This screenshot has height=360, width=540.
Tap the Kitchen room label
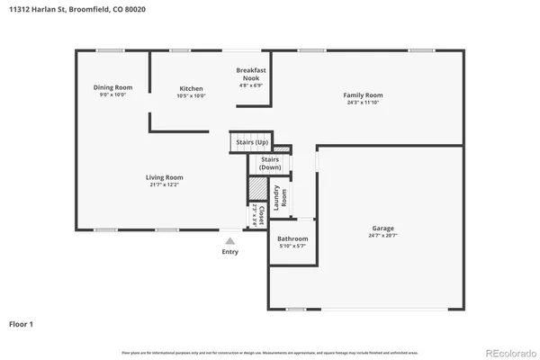pyautogui.click(x=190, y=88)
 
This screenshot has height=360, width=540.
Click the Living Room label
pyautogui.click(x=165, y=177)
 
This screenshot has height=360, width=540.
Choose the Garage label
pyautogui.click(x=382, y=228)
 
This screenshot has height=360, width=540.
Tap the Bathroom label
pyautogui.click(x=292, y=238)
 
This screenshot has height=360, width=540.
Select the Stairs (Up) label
pyautogui.click(x=252, y=142)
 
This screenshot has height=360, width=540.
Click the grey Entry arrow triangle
pyautogui.click(x=230, y=240)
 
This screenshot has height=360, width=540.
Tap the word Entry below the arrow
pyautogui.click(x=230, y=252)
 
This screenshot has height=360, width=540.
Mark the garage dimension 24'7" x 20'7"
pyautogui.click(x=382, y=236)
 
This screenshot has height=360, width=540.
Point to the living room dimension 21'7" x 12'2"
pyautogui.click(x=165, y=184)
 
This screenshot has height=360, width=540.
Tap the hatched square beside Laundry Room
pyautogui.click(x=258, y=188)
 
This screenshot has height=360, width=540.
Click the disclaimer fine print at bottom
pyautogui.click(x=270, y=352)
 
